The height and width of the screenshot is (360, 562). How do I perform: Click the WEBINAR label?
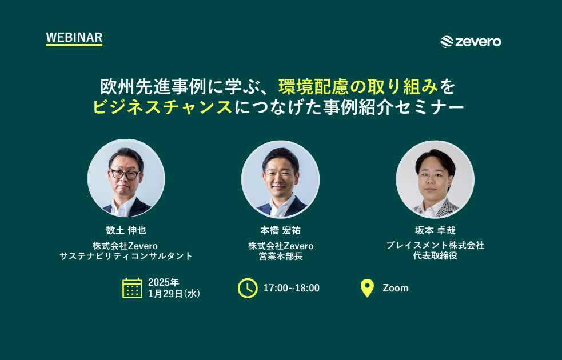pos(74,38)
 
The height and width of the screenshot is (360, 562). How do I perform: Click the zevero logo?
pos(471,42)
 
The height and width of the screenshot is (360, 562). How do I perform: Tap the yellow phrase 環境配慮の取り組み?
pos(358,87)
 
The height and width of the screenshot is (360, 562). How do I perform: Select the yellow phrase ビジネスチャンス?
pos(162,107)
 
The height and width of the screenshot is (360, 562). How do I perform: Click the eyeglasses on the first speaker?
pos(125,174)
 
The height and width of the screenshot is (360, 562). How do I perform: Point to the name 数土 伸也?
pos(126,230)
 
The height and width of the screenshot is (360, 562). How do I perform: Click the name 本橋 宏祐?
pos(280,230)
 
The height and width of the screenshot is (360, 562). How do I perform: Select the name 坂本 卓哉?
pos(435,230)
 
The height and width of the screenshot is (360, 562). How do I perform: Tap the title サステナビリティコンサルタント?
pos(126,256)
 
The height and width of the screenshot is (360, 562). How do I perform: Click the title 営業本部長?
pos(281,256)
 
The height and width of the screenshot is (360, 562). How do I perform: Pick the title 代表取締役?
pos(435,256)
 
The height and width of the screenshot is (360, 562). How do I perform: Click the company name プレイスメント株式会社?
pos(435,245)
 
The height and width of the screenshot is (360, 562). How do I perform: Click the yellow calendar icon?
pos(132,287)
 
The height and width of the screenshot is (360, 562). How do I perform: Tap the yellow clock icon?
pos(248,288)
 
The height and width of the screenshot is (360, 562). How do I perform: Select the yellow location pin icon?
pos(367,288)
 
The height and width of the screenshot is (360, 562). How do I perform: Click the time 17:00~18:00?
pos(292,288)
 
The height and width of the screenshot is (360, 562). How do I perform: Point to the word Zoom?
pos(396,288)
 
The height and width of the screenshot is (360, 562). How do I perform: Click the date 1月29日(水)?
pos(174,294)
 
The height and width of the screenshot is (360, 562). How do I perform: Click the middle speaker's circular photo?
pos(281,179)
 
